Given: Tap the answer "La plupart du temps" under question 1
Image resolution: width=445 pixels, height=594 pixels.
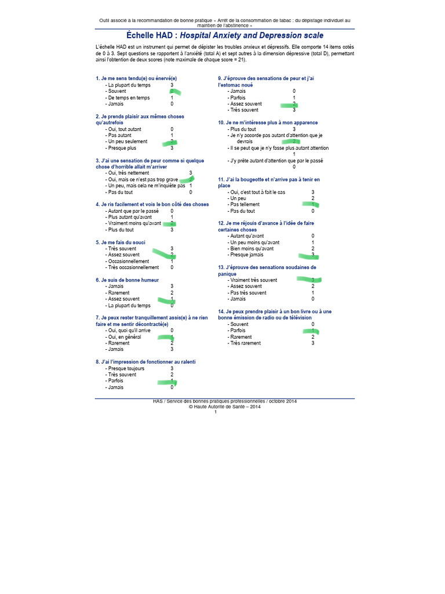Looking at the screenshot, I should [x=129, y=85].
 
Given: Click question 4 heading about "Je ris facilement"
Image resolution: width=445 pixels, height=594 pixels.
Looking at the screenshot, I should [x=152, y=204].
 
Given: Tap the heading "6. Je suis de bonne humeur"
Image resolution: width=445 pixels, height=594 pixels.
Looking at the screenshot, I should [x=127, y=280].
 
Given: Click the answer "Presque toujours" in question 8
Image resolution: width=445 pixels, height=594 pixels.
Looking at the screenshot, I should [x=126, y=368].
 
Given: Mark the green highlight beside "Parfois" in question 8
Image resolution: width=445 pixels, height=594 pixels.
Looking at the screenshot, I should [x=168, y=382].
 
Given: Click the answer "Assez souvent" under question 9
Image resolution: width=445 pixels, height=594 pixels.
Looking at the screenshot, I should [x=246, y=104].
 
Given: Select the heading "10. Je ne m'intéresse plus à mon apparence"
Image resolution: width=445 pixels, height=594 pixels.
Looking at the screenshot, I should [x=268, y=123].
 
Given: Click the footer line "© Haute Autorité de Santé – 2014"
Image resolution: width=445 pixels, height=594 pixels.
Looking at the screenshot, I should [x=225, y=407].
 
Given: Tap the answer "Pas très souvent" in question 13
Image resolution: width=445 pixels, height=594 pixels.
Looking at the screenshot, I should [x=247, y=292].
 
